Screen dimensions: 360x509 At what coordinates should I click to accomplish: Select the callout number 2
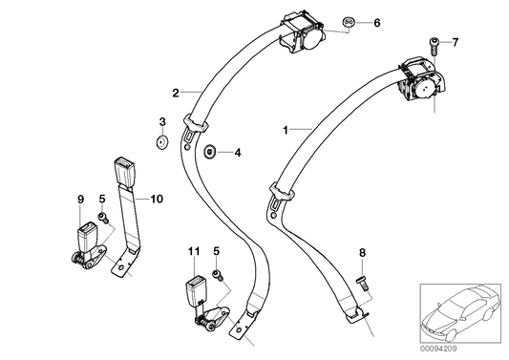[175, 93]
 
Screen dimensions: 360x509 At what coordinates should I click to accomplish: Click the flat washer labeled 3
[161, 142]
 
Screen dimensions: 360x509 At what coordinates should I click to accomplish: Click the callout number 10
[157, 199]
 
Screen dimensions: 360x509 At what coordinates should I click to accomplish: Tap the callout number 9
[79, 199]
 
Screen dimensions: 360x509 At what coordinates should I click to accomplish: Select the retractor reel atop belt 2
[308, 32]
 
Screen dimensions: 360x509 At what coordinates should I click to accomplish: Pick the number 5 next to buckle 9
[102, 199]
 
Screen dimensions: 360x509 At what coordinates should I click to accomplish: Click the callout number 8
[362, 252]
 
